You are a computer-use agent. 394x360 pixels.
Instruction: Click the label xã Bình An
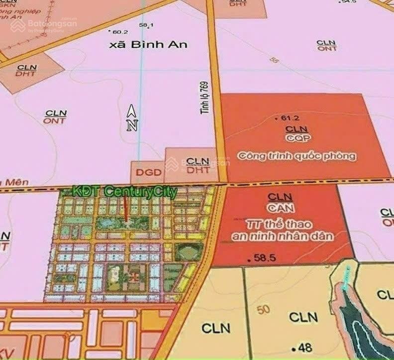pyautogui.click(x=148, y=44)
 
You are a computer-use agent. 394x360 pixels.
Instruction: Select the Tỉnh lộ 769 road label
pyautogui.click(x=204, y=98)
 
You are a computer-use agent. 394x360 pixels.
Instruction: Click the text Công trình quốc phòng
pyautogui.click(x=297, y=156)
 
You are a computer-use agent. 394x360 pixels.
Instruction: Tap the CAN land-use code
pyautogui.click(x=280, y=207)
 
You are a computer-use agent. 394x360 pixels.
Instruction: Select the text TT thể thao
pyautogui.click(x=282, y=223)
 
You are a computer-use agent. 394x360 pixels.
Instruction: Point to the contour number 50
pyautogui.click(x=264, y=310)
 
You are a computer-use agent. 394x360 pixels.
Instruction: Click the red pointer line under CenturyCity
pyautogui.click(x=126, y=209)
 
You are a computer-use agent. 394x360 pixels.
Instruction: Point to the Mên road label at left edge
pyautogui.click(x=15, y=183)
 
